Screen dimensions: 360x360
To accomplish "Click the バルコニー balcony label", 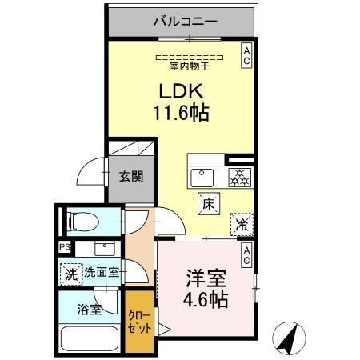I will click(x=185, y=22).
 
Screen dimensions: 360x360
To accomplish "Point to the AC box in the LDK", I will click(x=246, y=55).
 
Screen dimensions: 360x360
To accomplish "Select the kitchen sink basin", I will click(x=200, y=175).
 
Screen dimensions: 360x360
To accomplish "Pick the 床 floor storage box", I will click(x=206, y=204).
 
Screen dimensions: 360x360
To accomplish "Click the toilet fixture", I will click(x=82, y=220).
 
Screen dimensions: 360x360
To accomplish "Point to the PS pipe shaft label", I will click(x=63, y=247).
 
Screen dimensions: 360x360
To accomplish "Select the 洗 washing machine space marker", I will click(x=70, y=272).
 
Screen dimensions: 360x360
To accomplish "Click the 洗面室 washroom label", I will click(x=102, y=272).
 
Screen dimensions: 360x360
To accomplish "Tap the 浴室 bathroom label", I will click(x=89, y=310).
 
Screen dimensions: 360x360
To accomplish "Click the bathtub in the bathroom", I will click(x=87, y=340).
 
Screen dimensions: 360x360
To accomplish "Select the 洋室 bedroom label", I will click(x=206, y=282).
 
